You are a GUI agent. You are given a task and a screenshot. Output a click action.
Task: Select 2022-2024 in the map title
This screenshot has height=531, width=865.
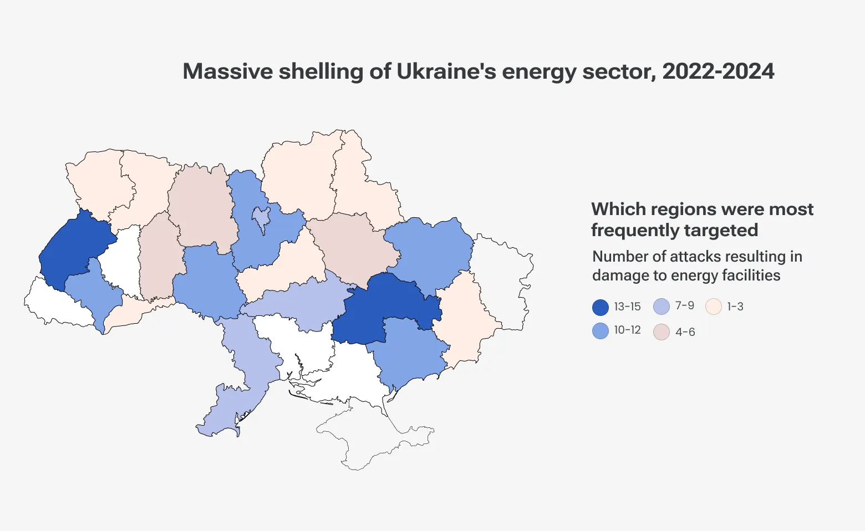(x=718, y=72)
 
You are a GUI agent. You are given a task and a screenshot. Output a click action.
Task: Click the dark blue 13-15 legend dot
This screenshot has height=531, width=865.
(x=601, y=307)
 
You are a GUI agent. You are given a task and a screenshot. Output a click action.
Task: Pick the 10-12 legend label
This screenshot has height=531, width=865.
(x=627, y=330)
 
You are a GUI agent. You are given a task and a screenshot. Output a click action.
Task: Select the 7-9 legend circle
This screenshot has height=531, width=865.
(x=662, y=307)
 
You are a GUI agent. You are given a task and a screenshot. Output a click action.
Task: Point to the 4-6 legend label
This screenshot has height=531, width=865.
(x=685, y=332)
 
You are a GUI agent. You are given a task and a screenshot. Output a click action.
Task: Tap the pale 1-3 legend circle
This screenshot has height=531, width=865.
(x=714, y=307)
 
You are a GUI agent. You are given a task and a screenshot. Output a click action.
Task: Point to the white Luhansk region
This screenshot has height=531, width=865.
(x=502, y=277)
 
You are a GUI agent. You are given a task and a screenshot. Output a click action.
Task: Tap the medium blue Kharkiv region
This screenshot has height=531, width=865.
(x=430, y=249)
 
